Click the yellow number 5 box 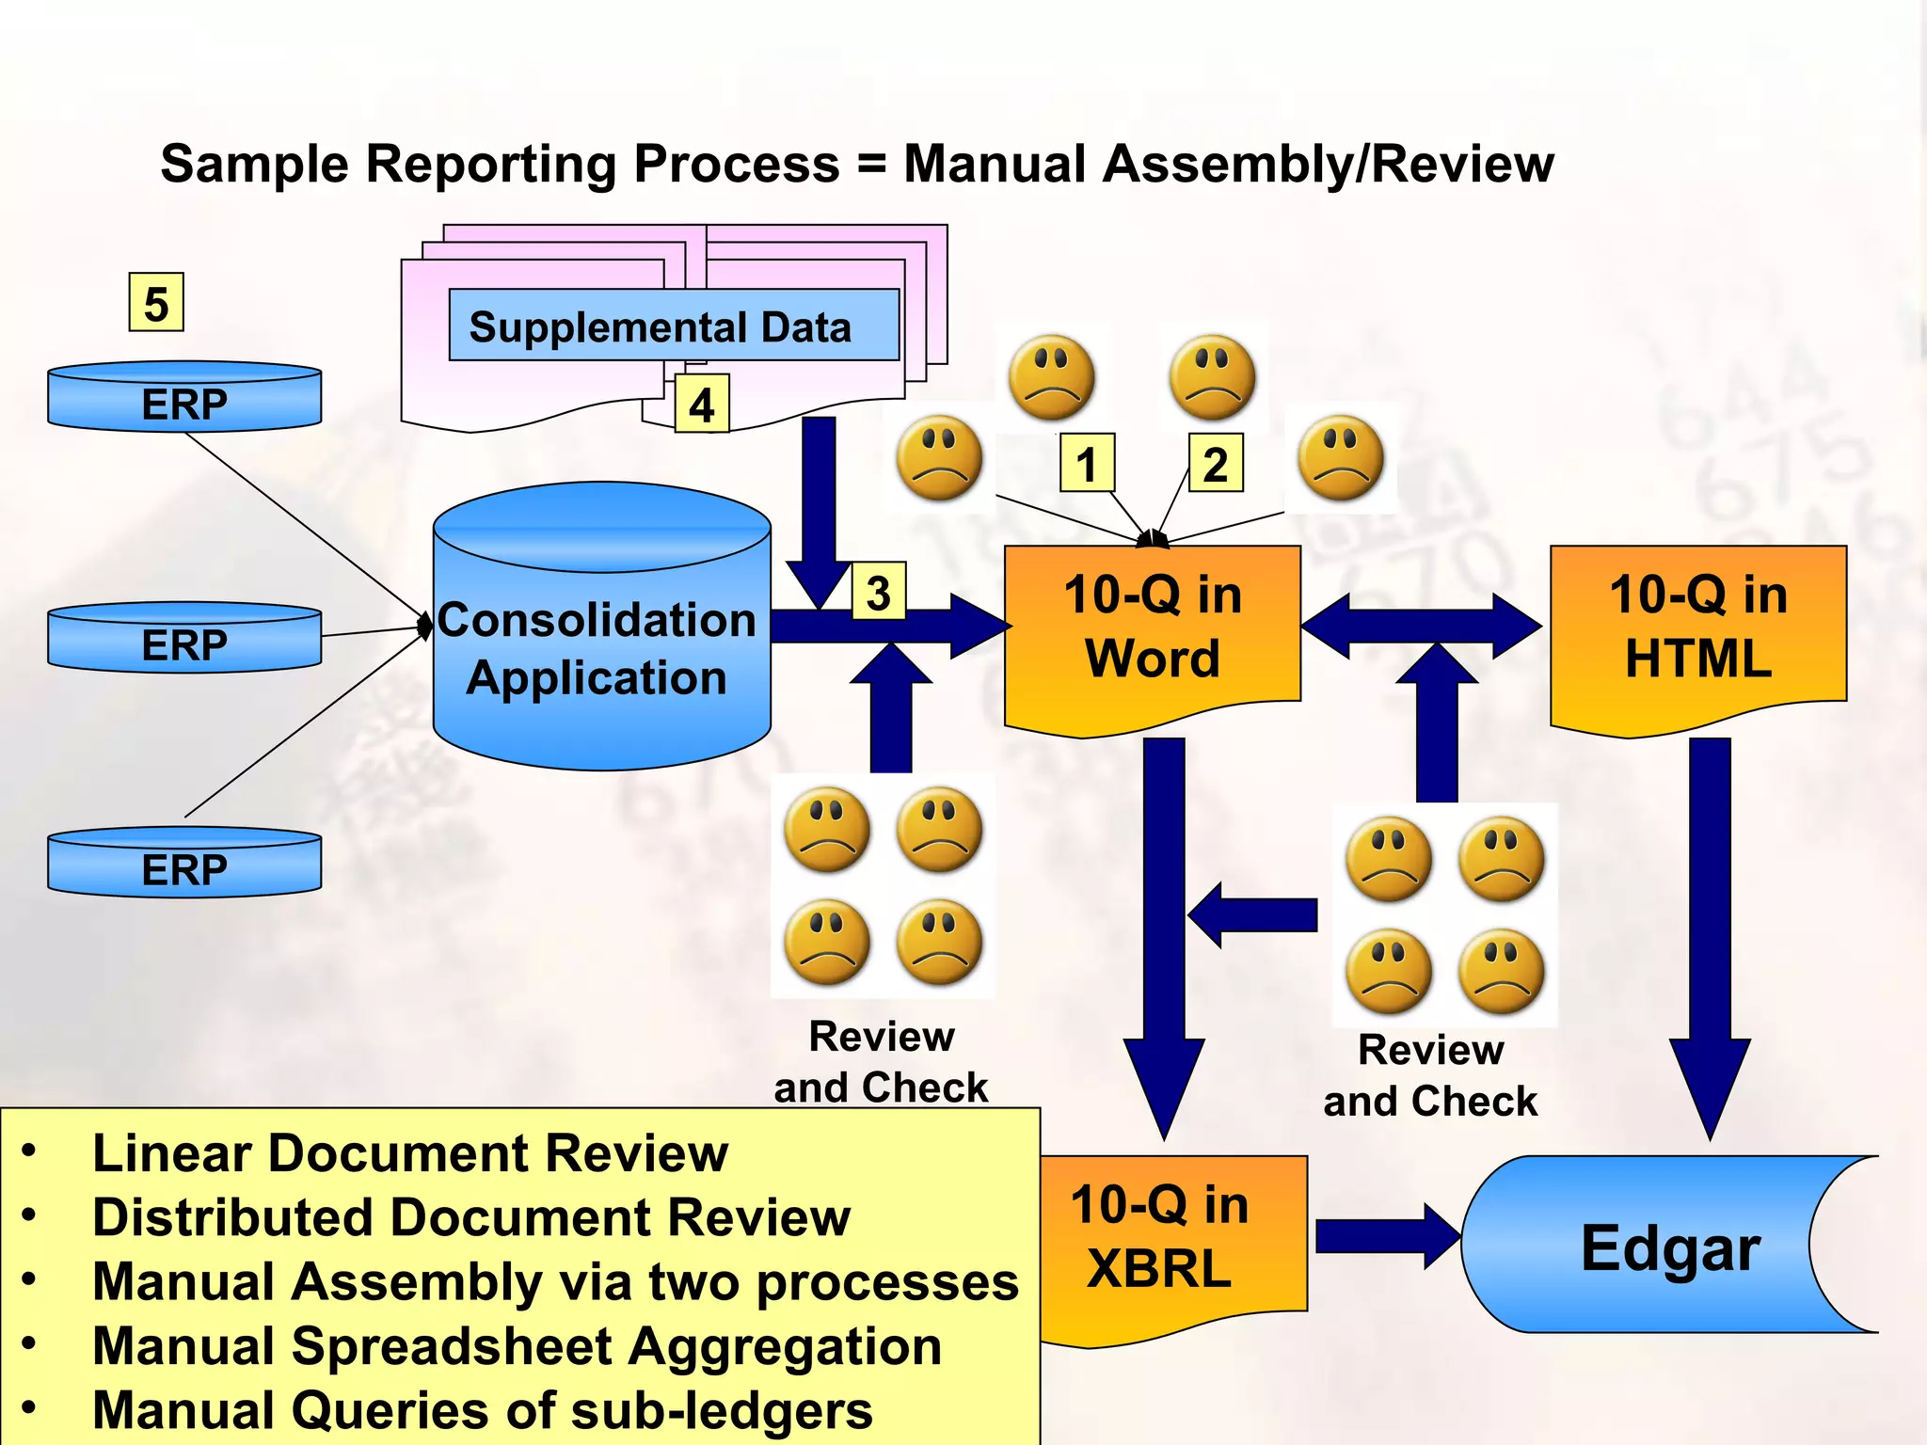(156, 303)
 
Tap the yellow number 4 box (702, 405)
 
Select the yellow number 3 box (878, 592)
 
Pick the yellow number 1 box (1087, 463)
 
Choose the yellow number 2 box (1216, 463)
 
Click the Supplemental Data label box (674, 326)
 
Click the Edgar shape (1656, 1247)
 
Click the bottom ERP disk (184, 864)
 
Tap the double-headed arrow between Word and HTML (1421, 625)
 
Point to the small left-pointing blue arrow (1251, 914)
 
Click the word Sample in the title (255, 164)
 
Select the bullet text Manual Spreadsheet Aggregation (517, 1346)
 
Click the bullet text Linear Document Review (410, 1153)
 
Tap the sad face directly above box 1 (1051, 377)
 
